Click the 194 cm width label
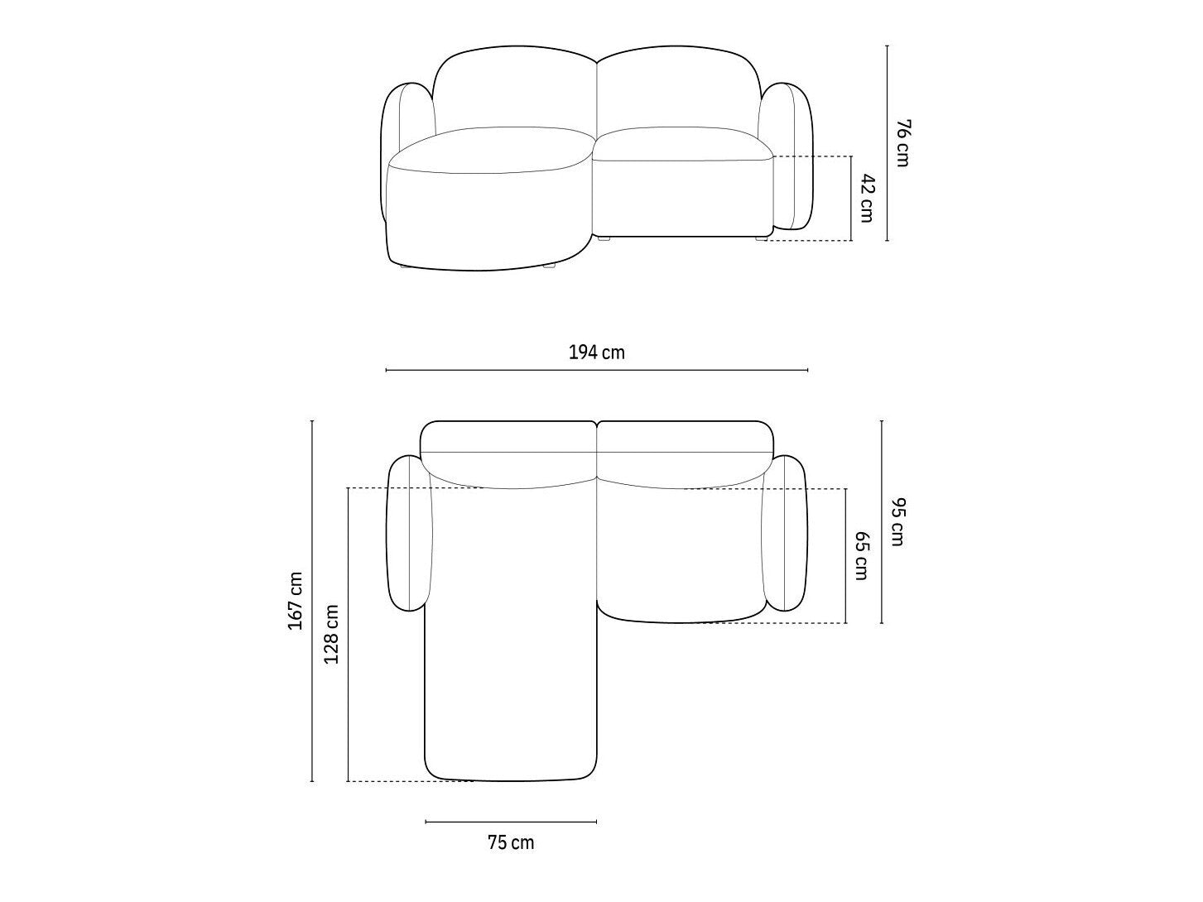pyautogui.click(x=596, y=353)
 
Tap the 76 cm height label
pyautogui.click(x=902, y=142)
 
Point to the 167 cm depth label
pyautogui.click(x=296, y=600)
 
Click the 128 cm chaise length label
pyautogui.click(x=331, y=634)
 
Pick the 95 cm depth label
pyautogui.click(x=897, y=521)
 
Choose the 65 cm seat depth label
pyautogui.click(x=862, y=555)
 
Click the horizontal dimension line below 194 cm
pyautogui.click(x=596, y=370)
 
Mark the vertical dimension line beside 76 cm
pyautogui.click(x=887, y=143)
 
